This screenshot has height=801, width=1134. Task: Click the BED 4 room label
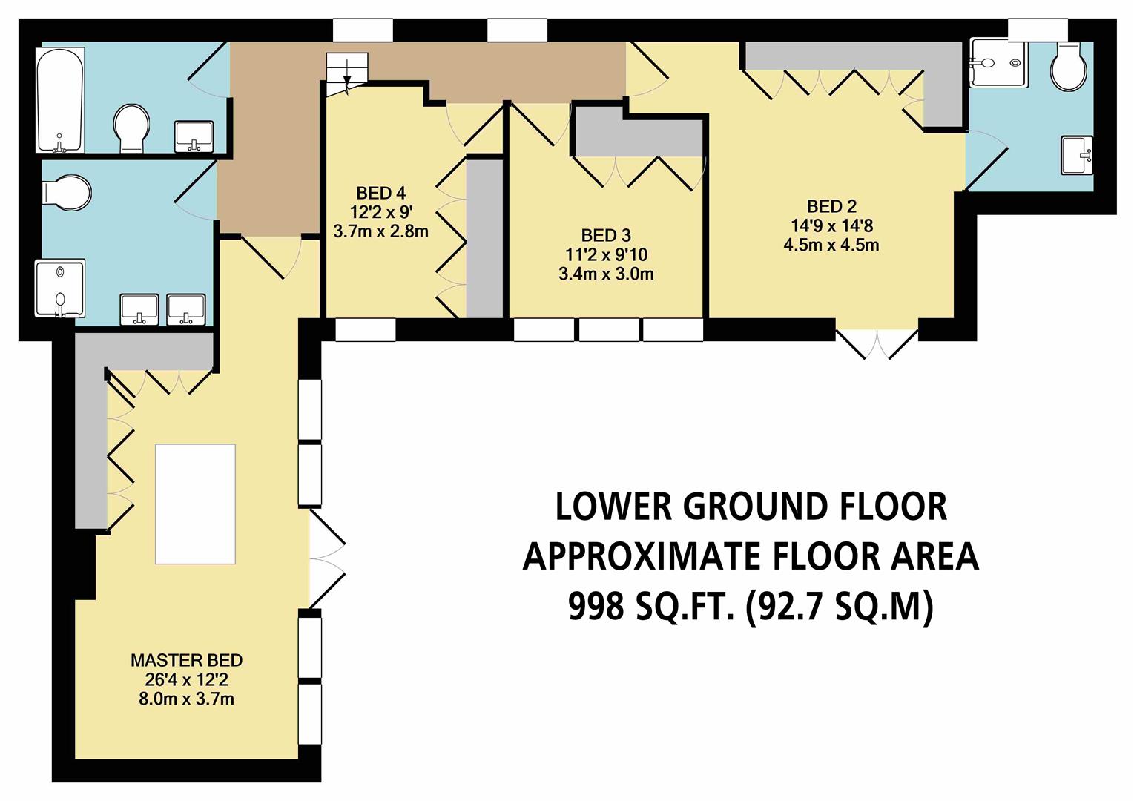pyautogui.click(x=380, y=193)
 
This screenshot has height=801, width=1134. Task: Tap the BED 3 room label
pyautogui.click(x=606, y=235)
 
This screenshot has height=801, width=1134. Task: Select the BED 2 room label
pyautogui.click(x=831, y=207)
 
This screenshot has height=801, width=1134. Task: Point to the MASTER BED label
pyautogui.click(x=187, y=660)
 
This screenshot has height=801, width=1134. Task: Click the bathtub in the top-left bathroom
pyautogui.click(x=60, y=99)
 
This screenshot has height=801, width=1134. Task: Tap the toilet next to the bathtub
pyautogui.click(x=132, y=128)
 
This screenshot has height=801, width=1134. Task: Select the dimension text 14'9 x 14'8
pyautogui.click(x=831, y=225)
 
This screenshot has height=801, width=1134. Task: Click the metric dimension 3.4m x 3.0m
pyautogui.click(x=606, y=274)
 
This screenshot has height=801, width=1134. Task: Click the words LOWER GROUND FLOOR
pyautogui.click(x=751, y=507)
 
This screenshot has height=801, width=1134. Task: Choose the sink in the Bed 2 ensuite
pyautogui.click(x=1078, y=156)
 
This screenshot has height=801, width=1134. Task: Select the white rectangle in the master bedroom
pyautogui.click(x=195, y=504)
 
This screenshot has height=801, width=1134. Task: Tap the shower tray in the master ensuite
pyautogui.click(x=60, y=289)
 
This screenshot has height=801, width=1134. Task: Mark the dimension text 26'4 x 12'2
pyautogui.click(x=187, y=679)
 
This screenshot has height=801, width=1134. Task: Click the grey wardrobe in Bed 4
pyautogui.click(x=484, y=239)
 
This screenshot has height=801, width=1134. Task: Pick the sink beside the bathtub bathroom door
pyautogui.click(x=194, y=136)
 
